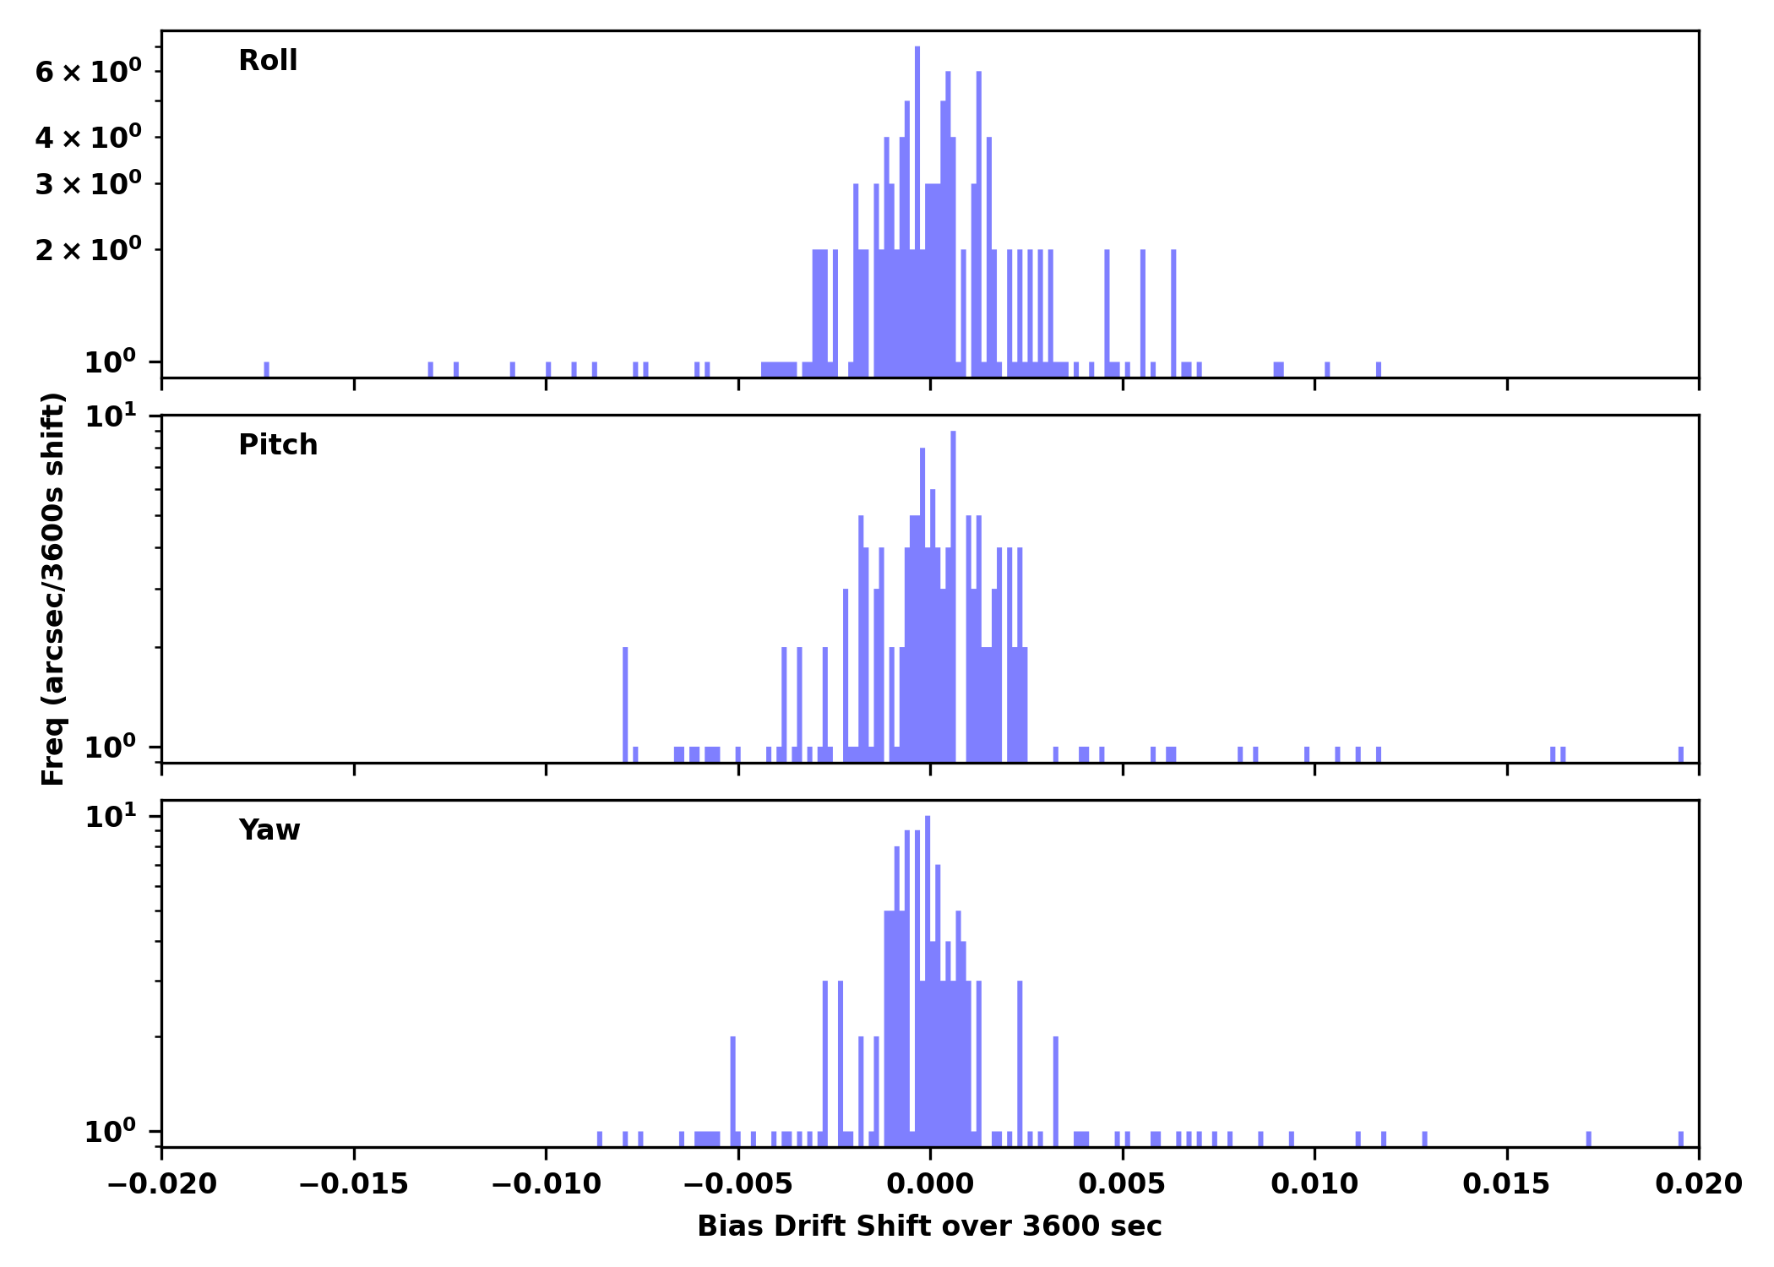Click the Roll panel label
pos(268,61)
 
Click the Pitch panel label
pos(278,445)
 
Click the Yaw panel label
pos(269,830)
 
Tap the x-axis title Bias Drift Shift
pos(929,1226)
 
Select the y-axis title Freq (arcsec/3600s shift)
pos(53,589)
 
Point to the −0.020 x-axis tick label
pos(162,1184)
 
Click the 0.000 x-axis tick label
pos(930,1184)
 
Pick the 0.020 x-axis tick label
pos(1698,1184)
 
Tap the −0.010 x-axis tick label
pos(546,1184)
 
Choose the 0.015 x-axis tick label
pos(1506,1184)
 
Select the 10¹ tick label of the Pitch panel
pos(110,416)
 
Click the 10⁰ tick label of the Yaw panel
pos(110,1132)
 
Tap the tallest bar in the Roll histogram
pos(917,211)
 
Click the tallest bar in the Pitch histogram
pos(953,591)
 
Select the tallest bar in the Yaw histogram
pos(928,980)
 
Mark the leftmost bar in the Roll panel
pos(267,369)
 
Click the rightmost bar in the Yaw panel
pos(1681,1139)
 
